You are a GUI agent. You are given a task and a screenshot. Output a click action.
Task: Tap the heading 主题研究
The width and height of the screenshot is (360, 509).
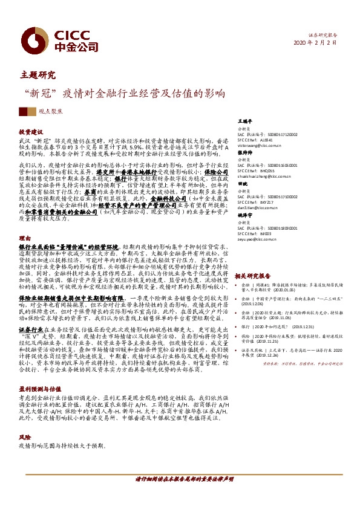(38, 76)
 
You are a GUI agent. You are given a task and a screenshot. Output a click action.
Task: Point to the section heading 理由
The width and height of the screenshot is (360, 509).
(24, 239)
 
